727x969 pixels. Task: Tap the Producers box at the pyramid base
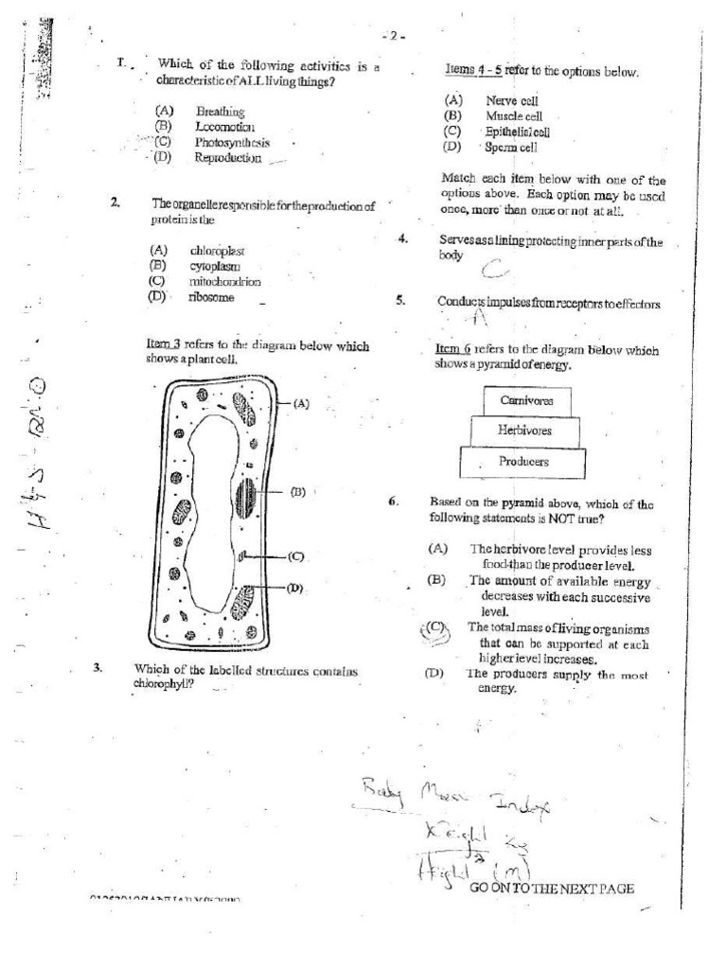[523, 462]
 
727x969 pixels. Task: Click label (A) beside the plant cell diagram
[301, 403]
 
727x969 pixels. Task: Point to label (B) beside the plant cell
[297, 491]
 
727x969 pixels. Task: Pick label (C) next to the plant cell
[295, 556]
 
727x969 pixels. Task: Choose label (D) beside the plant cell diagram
[295, 588]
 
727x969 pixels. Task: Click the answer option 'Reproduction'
[228, 158]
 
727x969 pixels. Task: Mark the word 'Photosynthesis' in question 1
[233, 143]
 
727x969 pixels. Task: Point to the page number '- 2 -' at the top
[394, 37]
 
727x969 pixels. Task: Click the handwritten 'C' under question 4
[492, 272]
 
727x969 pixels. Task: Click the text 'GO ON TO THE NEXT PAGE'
[551, 889]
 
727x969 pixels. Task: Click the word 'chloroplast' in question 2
[217, 251]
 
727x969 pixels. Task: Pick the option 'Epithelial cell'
[518, 132]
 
